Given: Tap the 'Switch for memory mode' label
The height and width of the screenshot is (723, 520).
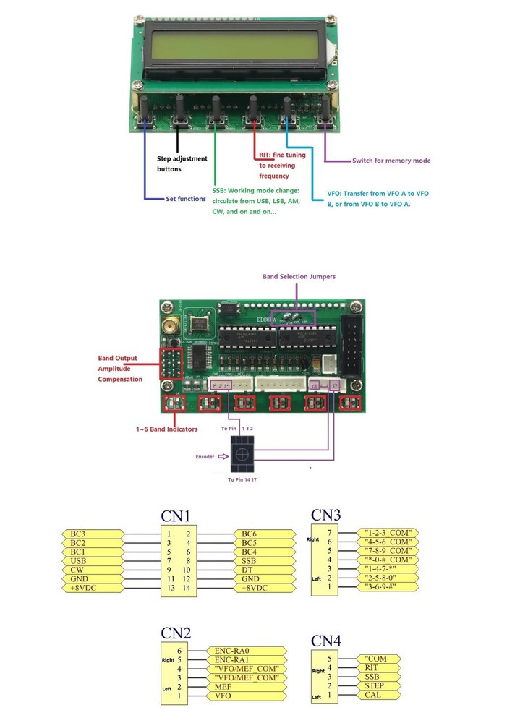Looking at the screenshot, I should click(391, 161).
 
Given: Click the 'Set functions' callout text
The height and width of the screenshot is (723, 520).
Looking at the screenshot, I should click(186, 199).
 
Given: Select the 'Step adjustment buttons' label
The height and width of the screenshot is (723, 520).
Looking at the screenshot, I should click(182, 164).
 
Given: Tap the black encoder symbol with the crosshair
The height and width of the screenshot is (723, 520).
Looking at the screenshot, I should click(242, 455).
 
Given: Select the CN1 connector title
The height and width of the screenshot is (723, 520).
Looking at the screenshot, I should click(176, 515).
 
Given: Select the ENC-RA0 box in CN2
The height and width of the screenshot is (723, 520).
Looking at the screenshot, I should click(242, 651).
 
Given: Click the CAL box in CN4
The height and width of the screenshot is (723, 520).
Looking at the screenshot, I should click(380, 695).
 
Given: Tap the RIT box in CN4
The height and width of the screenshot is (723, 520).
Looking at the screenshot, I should click(380, 668).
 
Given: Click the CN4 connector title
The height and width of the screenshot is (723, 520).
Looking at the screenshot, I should click(326, 641).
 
